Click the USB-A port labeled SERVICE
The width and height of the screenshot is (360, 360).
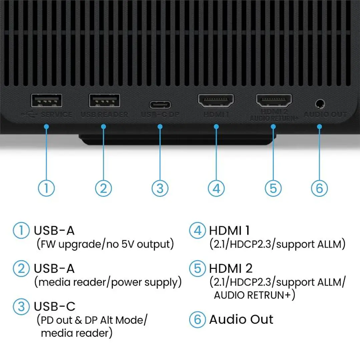pos(46,100)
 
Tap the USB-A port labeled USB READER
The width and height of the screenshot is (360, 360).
pos(104,100)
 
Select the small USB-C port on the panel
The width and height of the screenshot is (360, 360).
pos(160,105)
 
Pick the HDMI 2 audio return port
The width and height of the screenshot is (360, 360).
pos(274,100)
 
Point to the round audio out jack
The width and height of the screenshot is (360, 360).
pos(320,104)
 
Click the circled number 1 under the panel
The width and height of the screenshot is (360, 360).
pos(46,188)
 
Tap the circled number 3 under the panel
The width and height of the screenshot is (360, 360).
pos(160,188)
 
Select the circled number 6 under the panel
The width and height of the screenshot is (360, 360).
pos(319,188)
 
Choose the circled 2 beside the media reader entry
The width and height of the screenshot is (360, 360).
pos(21,269)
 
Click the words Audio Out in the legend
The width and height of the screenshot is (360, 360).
pos(241,319)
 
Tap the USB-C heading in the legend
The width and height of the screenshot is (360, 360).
pos(55,306)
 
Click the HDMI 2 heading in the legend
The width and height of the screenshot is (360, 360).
pos(231,269)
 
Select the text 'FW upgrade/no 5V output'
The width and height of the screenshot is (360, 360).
pos(105,244)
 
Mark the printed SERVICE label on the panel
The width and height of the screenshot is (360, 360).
pos(56,114)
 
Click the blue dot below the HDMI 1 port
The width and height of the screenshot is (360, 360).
pos(216,127)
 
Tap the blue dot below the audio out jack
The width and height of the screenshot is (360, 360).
pos(319,127)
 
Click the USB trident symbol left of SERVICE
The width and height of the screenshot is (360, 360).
pos(29,114)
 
